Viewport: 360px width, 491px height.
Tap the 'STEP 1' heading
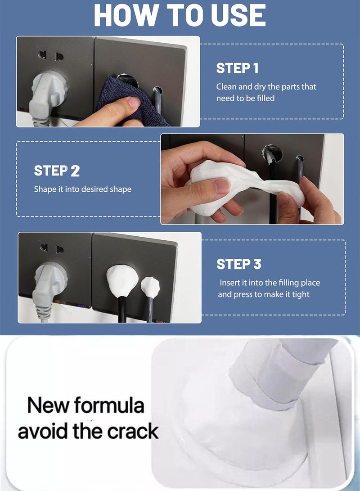coord(237,68)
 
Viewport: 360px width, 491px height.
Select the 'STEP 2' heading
coord(57,171)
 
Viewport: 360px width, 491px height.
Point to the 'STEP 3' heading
coord(239,264)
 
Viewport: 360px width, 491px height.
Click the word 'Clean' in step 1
coord(226,87)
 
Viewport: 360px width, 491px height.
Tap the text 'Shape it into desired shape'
coord(83,189)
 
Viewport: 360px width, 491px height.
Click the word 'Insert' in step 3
coord(229,283)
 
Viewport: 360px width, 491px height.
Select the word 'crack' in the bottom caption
coord(133,431)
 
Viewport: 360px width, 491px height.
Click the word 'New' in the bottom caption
coord(48,405)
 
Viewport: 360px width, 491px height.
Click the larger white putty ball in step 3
coord(122,280)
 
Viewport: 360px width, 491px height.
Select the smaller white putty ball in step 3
coord(150,287)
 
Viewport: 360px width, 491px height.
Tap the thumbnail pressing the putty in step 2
coord(223,185)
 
